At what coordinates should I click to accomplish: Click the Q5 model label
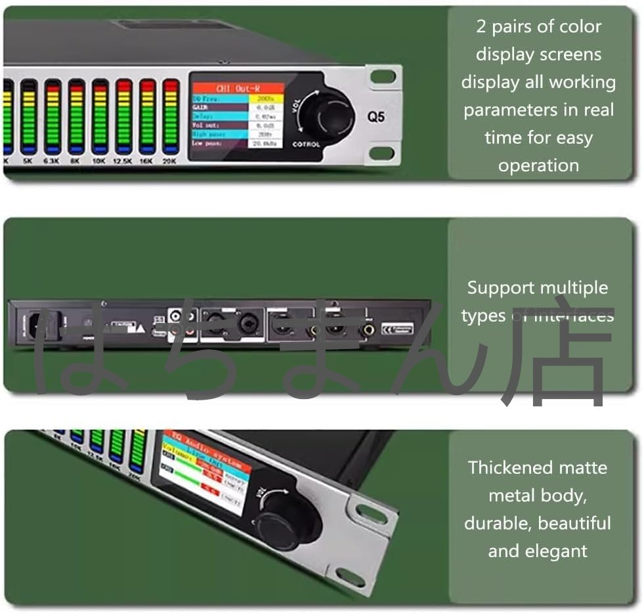(x=376, y=118)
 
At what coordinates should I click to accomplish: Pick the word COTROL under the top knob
(x=307, y=144)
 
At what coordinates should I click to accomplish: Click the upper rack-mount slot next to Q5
(x=383, y=77)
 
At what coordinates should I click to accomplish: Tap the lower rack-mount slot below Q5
(x=383, y=154)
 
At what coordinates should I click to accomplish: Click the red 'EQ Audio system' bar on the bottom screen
(x=205, y=446)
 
